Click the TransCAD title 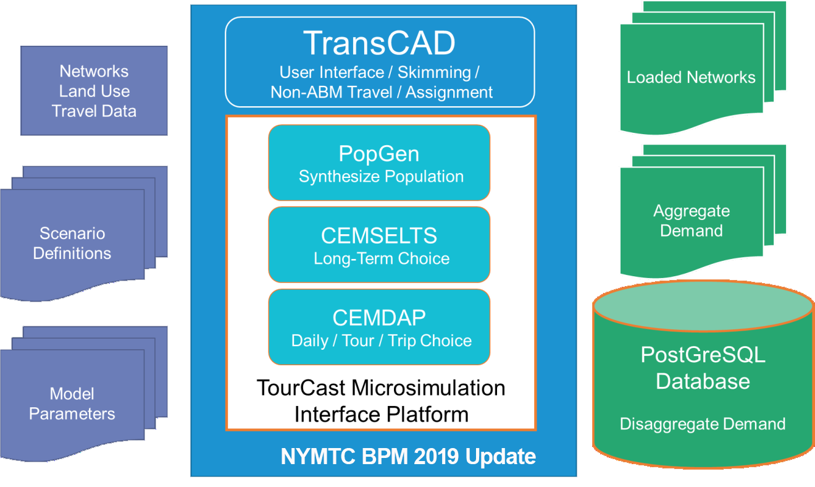tap(379, 43)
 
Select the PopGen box tap(379, 163)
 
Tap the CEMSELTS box tap(379, 244)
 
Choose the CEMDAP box tap(379, 327)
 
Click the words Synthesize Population tap(381, 177)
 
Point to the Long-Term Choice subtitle tap(382, 258)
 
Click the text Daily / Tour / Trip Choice tap(382, 341)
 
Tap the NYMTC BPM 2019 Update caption tap(408, 456)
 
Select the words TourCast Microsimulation tap(381, 387)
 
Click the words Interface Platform tap(382, 415)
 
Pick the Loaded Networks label tap(691, 77)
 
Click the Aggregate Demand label tap(692, 221)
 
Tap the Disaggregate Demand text tap(703, 424)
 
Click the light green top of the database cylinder tap(703, 305)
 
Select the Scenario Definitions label tap(72, 244)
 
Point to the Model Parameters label tap(72, 404)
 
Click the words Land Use tap(94, 91)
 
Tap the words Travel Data tap(94, 111)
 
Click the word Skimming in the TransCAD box tap(435, 73)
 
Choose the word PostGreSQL tap(703, 354)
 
